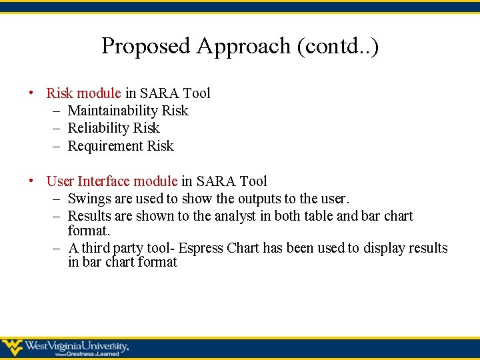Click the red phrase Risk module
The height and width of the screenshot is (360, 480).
click(x=84, y=93)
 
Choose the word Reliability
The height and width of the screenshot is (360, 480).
click(x=99, y=128)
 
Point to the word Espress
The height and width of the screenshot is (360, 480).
click(x=201, y=248)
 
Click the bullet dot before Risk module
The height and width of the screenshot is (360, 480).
click(x=31, y=93)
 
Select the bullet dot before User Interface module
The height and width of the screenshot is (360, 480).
click(x=31, y=181)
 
